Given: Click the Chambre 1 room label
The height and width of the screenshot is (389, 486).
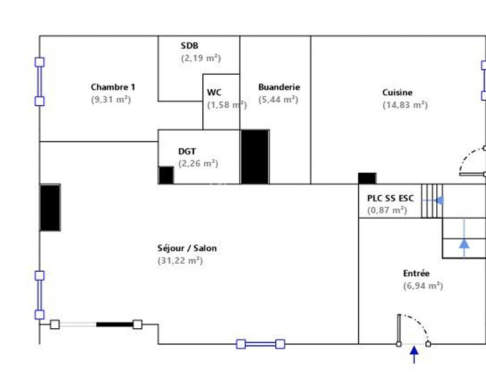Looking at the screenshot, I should click(113, 87).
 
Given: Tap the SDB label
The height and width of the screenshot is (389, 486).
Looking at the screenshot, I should click(190, 46).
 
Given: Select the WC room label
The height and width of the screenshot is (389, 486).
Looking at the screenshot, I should click(214, 92).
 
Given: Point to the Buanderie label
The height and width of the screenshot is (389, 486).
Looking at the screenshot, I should click(279, 87).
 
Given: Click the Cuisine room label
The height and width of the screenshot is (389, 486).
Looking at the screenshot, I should click(397, 92).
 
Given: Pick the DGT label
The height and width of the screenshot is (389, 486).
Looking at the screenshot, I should click(187, 151).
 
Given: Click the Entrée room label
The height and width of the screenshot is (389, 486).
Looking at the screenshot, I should click(416, 274).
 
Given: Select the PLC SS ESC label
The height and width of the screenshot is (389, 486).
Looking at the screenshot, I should click(390, 198).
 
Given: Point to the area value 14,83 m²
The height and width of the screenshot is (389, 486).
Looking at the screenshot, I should click(405, 105).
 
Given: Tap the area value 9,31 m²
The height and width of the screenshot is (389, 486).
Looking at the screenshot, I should click(111, 99).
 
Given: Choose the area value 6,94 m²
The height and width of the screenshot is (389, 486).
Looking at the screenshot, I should click(423, 286).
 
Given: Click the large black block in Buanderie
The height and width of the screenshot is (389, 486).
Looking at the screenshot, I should click(255, 156).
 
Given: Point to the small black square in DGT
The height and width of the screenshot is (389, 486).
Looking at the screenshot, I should click(166, 174).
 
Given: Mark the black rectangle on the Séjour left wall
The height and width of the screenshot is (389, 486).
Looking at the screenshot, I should click(50, 207).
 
